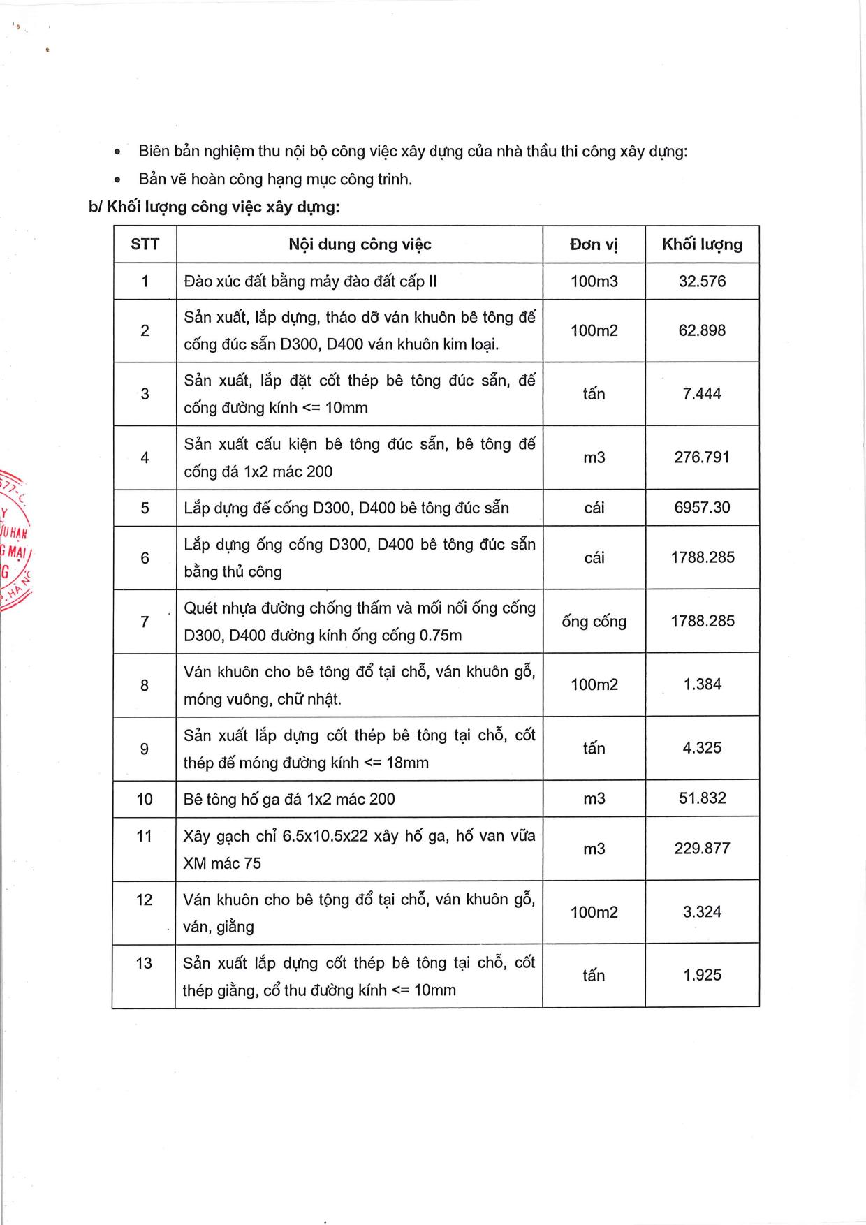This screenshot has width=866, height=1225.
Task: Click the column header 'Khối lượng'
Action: point(702,244)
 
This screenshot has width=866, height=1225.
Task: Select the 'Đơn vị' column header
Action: point(594,244)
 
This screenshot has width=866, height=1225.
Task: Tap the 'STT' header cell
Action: point(145,244)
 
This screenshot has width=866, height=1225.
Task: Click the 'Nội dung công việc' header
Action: point(360,244)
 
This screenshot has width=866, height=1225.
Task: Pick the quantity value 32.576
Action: point(702,281)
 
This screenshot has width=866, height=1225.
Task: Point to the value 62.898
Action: point(702,330)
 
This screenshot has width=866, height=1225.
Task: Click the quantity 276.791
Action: point(702,457)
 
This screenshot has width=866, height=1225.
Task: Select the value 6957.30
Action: point(702,508)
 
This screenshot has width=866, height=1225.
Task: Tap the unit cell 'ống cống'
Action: point(594,622)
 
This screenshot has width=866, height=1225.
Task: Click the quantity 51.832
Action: point(702,798)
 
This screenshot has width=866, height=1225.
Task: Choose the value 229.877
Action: point(702,849)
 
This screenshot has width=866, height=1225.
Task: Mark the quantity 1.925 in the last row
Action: point(702,976)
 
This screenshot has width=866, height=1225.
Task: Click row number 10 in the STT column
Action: point(145,799)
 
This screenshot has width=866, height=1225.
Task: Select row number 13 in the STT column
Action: point(144,964)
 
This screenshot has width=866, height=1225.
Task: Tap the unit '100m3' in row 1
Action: point(594,281)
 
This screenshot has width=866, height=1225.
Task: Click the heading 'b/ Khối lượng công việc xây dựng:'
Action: point(214,207)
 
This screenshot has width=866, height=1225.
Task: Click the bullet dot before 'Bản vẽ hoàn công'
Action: point(118,180)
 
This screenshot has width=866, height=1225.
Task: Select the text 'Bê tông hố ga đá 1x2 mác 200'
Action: point(289,799)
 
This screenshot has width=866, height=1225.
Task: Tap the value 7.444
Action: point(702,394)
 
